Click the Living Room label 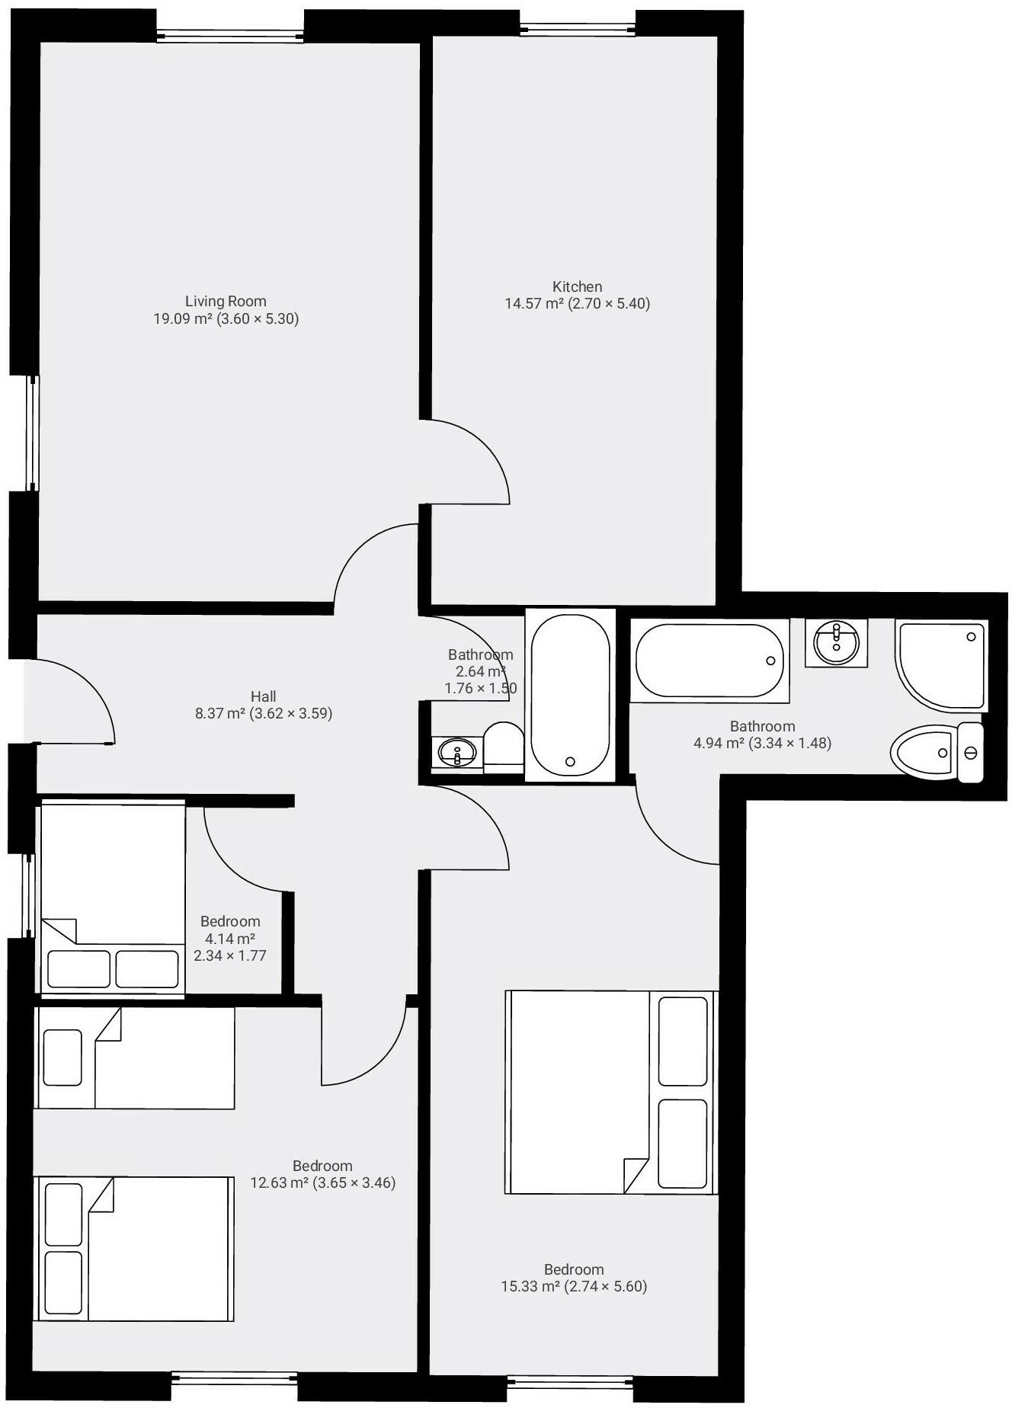tap(226, 302)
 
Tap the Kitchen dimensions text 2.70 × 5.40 tap(610, 304)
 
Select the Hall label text tap(263, 696)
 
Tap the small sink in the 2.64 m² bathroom tap(456, 754)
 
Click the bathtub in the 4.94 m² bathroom tap(709, 661)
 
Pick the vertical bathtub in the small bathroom tap(570, 696)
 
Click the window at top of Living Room tap(230, 35)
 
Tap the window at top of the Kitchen tap(578, 29)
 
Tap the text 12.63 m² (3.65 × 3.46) tap(323, 1183)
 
